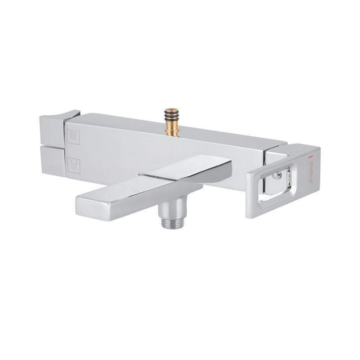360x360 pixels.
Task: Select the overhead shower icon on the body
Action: click(73, 136)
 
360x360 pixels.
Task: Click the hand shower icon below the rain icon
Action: click(73, 165)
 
